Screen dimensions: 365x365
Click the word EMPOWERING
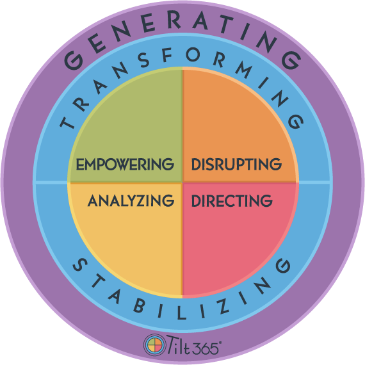125,164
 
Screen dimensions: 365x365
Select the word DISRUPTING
236,164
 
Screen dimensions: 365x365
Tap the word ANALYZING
131,200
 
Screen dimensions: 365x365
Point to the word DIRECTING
232,200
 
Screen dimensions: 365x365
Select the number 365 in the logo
206,348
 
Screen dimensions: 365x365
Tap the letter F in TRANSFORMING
166,54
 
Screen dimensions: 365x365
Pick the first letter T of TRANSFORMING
67,122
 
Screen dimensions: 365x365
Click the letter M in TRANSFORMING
244,70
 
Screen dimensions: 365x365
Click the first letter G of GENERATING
74,60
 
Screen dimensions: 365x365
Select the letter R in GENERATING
174,20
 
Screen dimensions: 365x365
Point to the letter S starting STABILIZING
80,264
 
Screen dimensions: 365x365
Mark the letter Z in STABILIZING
222,306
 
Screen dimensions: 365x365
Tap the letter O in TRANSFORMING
193,54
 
